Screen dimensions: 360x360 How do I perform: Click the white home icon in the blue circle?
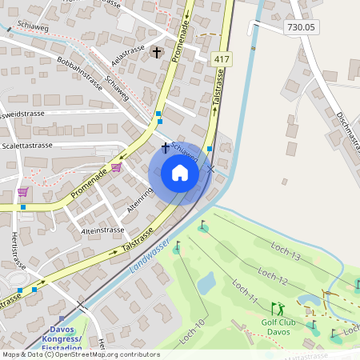pos(179,173)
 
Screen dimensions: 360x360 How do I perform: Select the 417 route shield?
pos(222,60)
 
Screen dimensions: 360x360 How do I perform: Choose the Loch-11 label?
pos(243,291)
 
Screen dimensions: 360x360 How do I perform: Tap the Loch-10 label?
pos(193,331)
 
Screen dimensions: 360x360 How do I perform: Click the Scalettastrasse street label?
pos(26,146)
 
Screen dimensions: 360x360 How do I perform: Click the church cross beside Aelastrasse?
pos(156,53)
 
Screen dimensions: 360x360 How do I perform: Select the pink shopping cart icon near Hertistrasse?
pos(22,192)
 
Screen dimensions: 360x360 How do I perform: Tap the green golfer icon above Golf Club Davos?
pos(278,308)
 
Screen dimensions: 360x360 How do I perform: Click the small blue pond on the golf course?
pos(206,282)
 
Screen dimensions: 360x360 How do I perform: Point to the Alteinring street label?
pos(138,199)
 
